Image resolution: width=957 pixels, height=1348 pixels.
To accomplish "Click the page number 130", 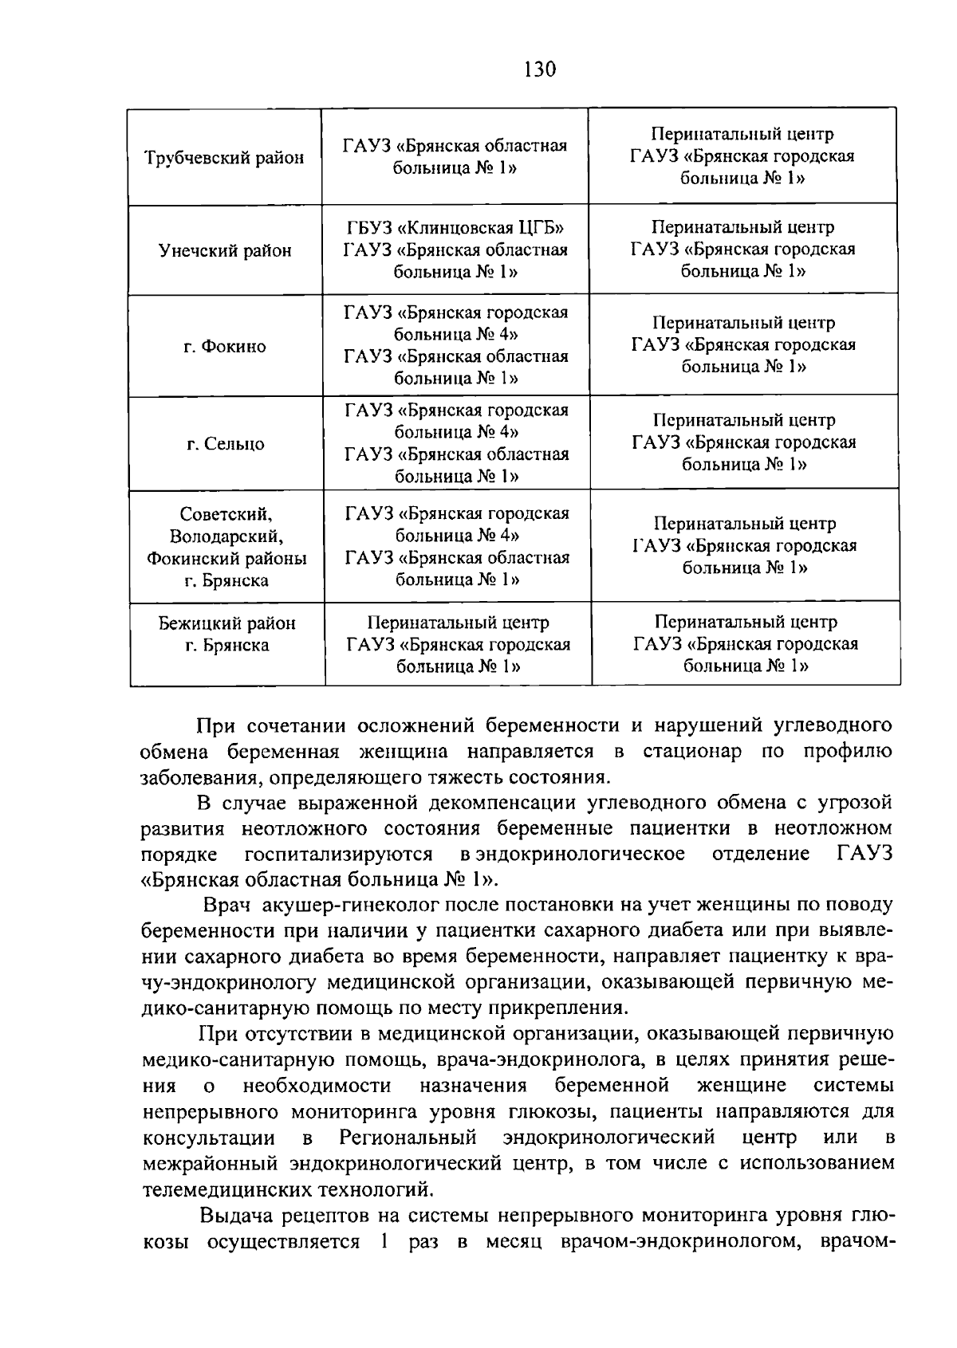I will [540, 69].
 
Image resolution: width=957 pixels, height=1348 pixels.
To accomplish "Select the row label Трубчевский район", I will [224, 158].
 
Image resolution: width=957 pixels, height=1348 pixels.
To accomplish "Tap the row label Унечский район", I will [225, 251].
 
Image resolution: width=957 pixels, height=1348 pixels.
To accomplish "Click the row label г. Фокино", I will [224, 347].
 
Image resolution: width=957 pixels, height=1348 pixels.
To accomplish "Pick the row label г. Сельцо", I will [226, 444].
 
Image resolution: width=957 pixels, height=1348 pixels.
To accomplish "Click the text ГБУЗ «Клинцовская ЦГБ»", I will [455, 228].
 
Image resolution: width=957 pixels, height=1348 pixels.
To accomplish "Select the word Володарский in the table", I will [226, 536].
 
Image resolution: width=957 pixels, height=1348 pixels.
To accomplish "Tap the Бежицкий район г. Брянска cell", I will [226, 635].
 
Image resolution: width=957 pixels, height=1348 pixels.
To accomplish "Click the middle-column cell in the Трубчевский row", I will [455, 157].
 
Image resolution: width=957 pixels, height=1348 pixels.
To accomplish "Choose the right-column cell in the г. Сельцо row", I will [744, 442].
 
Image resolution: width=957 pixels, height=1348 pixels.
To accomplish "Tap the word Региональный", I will [408, 1137].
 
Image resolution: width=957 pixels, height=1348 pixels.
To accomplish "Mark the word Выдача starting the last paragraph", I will [236, 1216].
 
